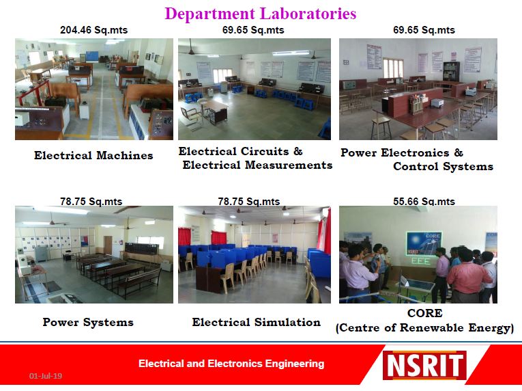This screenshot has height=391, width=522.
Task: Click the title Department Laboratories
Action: (261, 14)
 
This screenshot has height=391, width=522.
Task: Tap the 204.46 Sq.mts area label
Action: (94, 30)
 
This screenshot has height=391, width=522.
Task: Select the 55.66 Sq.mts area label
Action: (424, 202)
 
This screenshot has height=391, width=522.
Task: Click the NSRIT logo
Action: (424, 365)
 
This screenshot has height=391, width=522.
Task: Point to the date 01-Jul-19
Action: (46, 376)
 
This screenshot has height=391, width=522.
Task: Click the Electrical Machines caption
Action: (93, 155)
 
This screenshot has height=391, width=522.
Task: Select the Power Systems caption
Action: (88, 322)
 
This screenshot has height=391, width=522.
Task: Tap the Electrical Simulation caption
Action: (257, 322)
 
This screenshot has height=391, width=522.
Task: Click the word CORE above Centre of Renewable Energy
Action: (425, 313)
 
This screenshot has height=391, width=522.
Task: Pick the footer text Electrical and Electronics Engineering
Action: (231, 364)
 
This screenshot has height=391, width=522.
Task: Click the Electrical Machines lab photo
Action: (94, 89)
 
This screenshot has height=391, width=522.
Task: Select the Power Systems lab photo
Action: (94, 254)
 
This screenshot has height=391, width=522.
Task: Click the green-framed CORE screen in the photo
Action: (424, 244)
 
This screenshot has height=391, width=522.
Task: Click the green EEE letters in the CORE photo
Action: (421, 260)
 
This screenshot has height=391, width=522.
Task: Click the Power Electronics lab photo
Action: (418, 89)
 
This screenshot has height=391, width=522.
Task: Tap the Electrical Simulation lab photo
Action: (255, 254)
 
